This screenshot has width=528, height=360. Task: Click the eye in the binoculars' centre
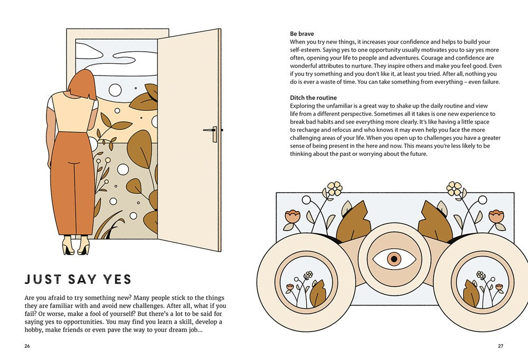[x=394, y=259]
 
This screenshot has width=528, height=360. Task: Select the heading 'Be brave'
[x=301, y=34]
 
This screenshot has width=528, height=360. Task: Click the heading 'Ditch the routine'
[x=313, y=98]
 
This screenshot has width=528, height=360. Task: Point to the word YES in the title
[x=117, y=279]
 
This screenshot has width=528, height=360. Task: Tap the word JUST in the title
[x=43, y=279]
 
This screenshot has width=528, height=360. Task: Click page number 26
[x=27, y=346]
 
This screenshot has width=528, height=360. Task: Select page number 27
[x=501, y=346]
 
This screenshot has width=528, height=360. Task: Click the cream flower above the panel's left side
[x=334, y=188]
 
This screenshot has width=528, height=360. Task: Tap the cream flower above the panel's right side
[x=454, y=188]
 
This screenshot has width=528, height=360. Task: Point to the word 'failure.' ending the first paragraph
[x=490, y=82]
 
